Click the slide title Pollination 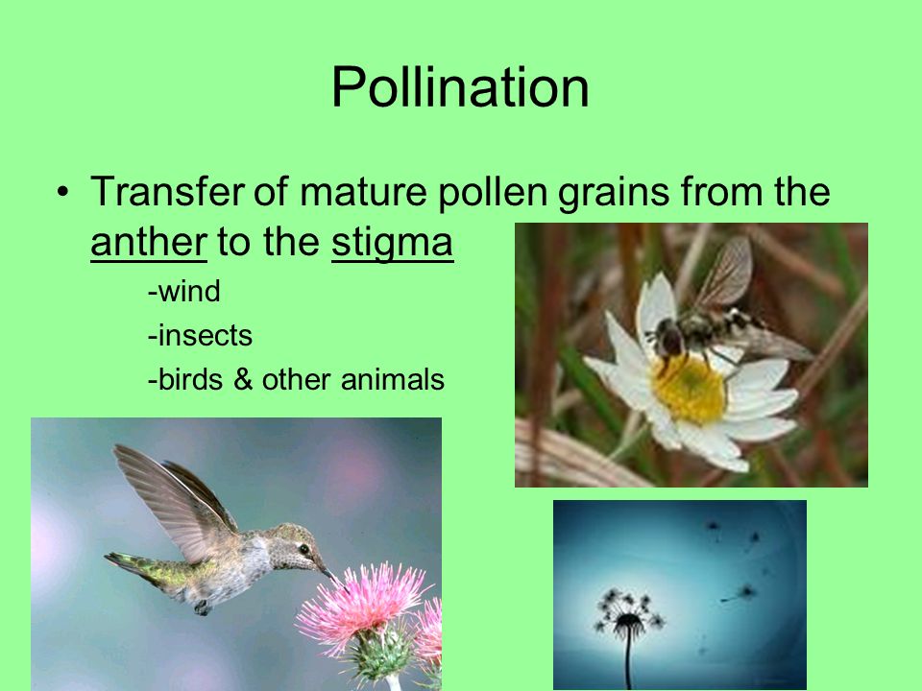coord(460,87)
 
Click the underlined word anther coord(149,242)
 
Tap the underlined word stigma coord(392,243)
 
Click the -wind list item coord(184,291)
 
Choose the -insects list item coord(200,336)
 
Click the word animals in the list coord(393,379)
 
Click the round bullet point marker coord(63,192)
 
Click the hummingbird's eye coord(304,549)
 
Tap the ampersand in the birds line coord(242,379)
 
